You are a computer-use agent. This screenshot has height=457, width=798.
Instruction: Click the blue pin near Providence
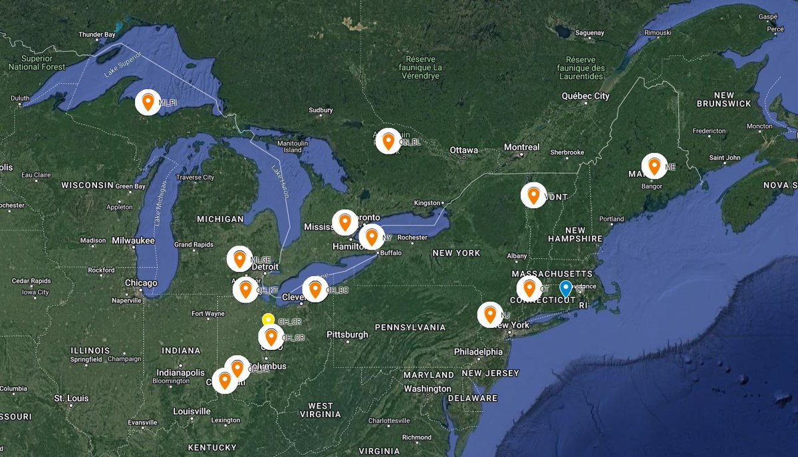click(x=565, y=289)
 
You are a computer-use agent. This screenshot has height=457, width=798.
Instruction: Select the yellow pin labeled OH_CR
click(x=268, y=320)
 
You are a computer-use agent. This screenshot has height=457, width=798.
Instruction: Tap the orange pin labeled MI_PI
click(x=148, y=102)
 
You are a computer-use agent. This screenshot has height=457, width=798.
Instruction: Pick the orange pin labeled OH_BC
click(x=315, y=289)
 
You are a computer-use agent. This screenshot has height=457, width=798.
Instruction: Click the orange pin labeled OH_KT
click(x=245, y=289)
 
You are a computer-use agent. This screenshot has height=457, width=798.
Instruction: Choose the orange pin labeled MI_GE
click(x=239, y=259)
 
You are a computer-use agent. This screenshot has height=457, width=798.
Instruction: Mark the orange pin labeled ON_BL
click(x=388, y=140)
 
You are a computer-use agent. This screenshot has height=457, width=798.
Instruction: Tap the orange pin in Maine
click(x=654, y=166)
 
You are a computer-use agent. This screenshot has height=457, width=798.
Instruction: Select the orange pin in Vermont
click(x=533, y=195)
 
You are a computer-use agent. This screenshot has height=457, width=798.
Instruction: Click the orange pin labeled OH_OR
click(x=271, y=337)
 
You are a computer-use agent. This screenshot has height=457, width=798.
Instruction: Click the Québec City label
click(x=585, y=96)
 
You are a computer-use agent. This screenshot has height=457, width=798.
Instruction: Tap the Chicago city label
click(x=141, y=283)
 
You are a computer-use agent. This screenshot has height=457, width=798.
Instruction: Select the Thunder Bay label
click(x=97, y=35)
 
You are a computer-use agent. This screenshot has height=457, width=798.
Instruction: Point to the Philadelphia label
click(x=479, y=351)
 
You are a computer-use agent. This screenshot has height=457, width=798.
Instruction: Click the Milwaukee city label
click(x=134, y=240)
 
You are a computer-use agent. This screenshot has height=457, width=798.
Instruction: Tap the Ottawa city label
click(x=464, y=150)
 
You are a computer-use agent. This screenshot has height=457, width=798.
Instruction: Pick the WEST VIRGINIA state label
click(x=321, y=410)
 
